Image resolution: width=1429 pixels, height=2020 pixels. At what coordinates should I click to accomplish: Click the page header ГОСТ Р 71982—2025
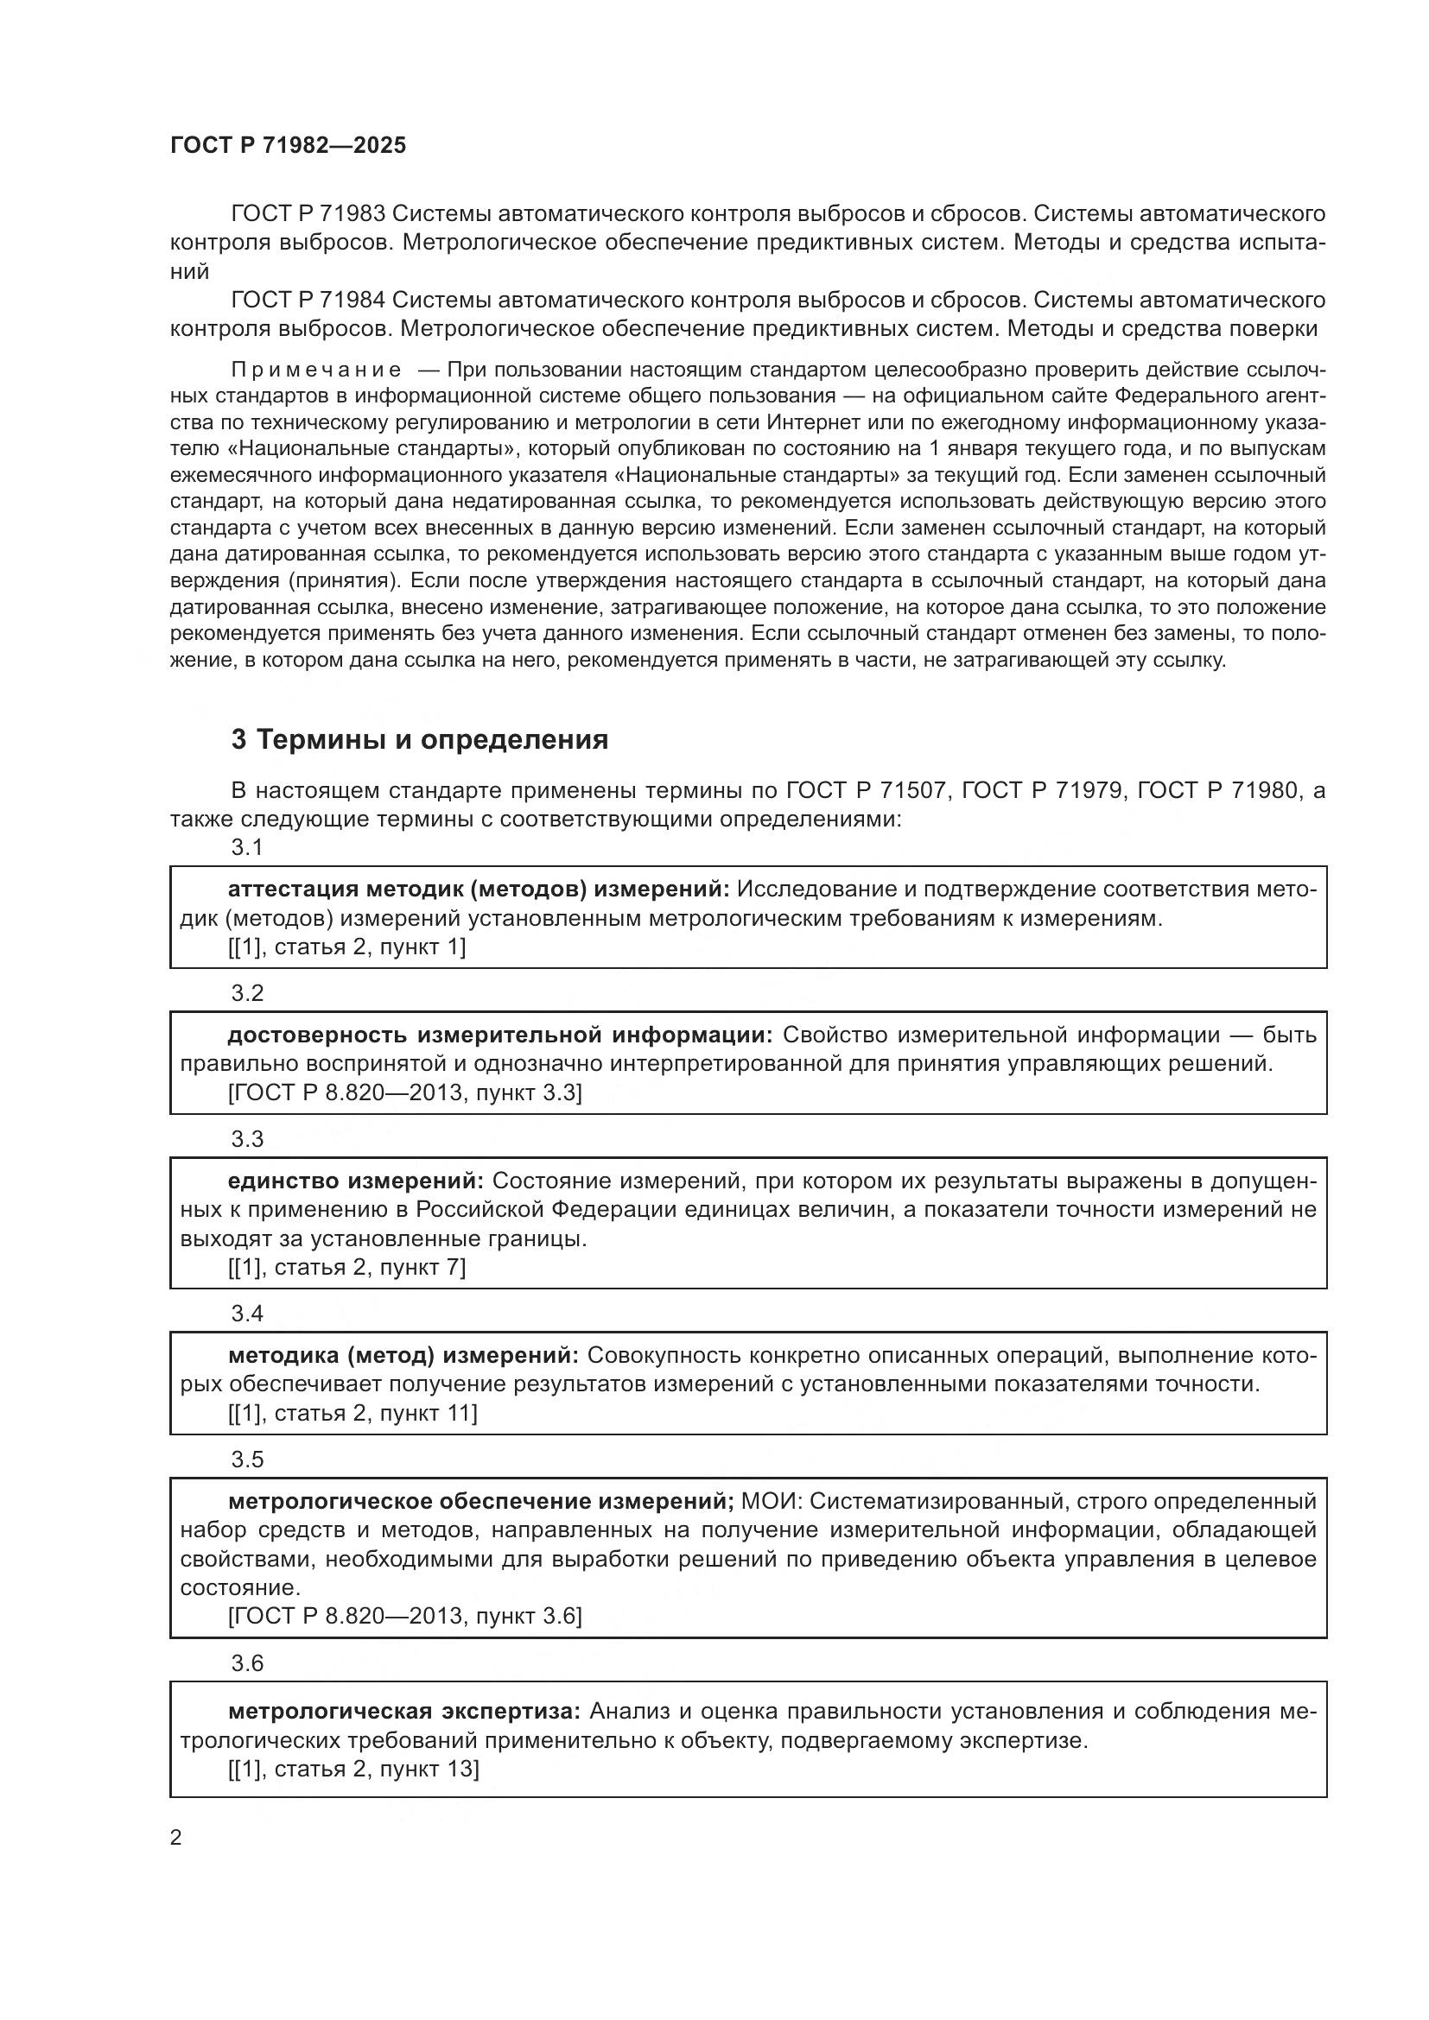coord(288,145)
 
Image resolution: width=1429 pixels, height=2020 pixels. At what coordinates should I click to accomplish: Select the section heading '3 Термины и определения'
coord(420,740)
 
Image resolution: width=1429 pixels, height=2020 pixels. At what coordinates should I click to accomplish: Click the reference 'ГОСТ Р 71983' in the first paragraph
coord(307,214)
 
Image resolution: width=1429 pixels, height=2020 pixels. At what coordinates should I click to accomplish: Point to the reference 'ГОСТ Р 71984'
coord(307,300)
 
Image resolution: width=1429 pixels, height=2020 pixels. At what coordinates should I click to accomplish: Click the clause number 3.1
coord(247,847)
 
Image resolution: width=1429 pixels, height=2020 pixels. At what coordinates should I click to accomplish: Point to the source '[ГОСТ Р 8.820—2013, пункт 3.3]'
coord(404,1092)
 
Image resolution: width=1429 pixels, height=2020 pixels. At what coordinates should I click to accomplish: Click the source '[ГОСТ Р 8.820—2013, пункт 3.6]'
coord(404,1616)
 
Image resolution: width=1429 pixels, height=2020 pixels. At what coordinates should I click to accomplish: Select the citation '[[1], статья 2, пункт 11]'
coord(352,1413)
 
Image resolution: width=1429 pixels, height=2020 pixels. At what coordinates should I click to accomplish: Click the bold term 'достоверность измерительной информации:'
coord(499,1035)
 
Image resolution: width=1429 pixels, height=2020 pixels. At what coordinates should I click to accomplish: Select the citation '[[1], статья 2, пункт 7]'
coord(346,1267)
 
